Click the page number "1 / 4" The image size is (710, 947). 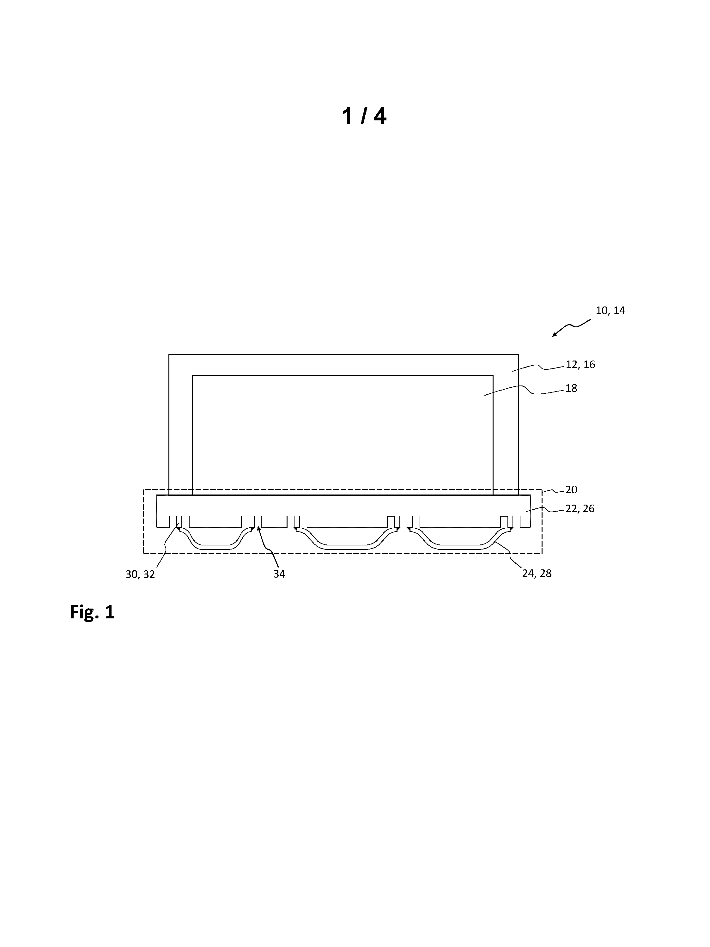[364, 116]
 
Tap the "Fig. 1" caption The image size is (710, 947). [92, 612]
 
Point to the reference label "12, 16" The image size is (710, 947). [580, 364]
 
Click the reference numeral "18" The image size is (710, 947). [571, 388]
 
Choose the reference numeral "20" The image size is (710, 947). [571, 489]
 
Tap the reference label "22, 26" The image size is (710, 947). [580, 509]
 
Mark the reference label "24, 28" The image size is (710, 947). [537, 573]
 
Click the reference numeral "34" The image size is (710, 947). [279, 574]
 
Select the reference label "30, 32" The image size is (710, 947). [140, 574]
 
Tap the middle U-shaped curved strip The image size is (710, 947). [347, 547]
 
